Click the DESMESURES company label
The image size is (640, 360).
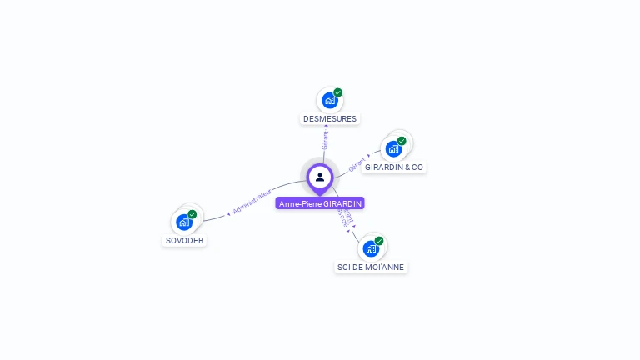pos(330,118)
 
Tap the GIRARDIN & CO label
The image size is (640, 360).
pos(394,167)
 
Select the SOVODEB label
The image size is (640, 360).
pos(184,240)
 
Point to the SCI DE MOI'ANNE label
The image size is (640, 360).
pos(371,267)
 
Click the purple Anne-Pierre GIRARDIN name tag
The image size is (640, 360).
pos(320,203)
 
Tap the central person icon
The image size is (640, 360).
pos(320,177)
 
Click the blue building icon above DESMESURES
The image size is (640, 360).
pos(329,101)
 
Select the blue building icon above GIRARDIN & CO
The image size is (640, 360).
pos(393,148)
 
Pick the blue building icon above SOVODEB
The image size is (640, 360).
pos(184,222)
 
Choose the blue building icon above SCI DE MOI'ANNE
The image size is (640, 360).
pos(370,248)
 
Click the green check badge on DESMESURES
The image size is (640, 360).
pos(338,92)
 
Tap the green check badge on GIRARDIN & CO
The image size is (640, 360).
pos(402,141)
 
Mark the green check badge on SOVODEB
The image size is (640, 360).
pos(192,214)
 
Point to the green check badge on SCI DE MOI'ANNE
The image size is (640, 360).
pos(379,241)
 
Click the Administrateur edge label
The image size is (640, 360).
pos(252,201)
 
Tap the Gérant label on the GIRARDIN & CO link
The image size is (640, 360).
pos(357,164)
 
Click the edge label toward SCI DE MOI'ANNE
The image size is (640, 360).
pos(345,217)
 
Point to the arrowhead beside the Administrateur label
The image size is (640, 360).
pos(228,214)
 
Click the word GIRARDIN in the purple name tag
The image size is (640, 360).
pos(343,203)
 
